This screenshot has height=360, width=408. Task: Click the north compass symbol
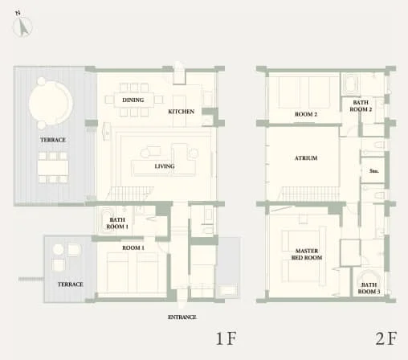click(23, 27)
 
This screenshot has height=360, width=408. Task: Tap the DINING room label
click(133, 100)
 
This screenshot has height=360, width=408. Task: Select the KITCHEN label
click(181, 112)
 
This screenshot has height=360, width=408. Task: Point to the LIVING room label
click(143, 166)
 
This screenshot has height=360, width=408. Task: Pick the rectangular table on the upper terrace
click(52, 167)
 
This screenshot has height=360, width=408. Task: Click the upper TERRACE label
click(53, 140)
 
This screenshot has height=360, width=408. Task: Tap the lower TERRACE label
click(69, 285)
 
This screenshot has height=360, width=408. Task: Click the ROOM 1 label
click(133, 248)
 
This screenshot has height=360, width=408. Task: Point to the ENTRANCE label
click(182, 317)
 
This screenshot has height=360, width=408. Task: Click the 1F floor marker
click(225, 338)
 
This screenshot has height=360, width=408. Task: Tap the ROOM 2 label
click(306, 115)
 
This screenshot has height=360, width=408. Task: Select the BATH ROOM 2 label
click(360, 105)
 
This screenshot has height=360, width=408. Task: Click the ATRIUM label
click(306, 158)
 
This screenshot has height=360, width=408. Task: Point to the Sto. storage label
click(373, 171)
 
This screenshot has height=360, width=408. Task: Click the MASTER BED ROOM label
click(306, 255)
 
